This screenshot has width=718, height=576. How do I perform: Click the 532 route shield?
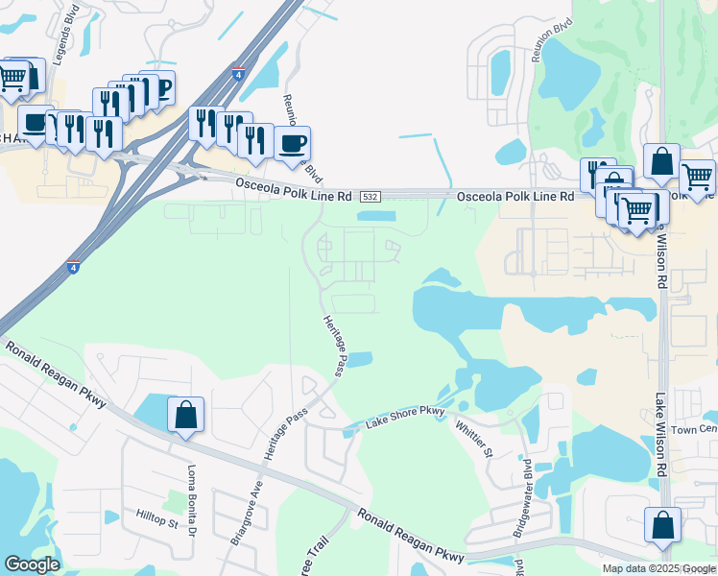coord(369,197)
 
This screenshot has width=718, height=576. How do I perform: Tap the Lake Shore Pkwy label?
coord(406,416)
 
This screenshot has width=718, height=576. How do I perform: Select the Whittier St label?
coord(474,440)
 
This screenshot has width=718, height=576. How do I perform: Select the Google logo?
coord(32,564)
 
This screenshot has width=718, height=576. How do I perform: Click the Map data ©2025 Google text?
coord(658,568)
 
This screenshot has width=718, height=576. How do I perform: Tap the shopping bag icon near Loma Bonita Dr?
coord(185,416)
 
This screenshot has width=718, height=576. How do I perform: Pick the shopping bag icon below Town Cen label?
coord(662,526)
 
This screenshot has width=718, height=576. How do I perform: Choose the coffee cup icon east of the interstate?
coord(293,145)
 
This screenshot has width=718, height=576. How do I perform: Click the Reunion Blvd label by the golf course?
coord(546,41)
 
